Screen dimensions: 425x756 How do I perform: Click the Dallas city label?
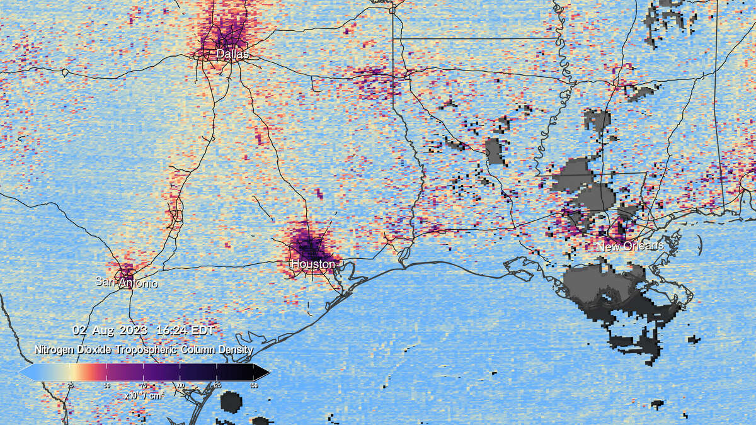click(x=232, y=55)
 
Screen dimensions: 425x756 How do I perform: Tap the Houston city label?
click(x=312, y=264)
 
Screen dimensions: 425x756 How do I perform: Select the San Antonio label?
click(x=126, y=283)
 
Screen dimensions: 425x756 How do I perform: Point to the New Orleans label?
click(x=630, y=246)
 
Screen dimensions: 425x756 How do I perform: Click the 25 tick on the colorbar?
click(x=71, y=385)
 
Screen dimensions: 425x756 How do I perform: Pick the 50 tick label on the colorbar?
click(x=107, y=385)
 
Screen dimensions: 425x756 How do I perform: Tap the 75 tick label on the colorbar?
click(x=144, y=385)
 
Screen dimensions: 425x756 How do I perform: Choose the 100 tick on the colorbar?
click(x=180, y=385)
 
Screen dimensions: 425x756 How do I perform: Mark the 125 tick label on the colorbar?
click(x=217, y=385)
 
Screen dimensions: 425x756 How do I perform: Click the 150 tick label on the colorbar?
click(x=253, y=385)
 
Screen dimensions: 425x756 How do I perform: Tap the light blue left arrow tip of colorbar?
click(x=23, y=372)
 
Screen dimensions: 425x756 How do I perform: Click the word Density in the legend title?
click(x=234, y=349)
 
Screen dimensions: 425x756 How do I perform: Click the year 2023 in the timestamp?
click(x=133, y=330)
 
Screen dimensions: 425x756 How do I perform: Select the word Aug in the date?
click(x=101, y=330)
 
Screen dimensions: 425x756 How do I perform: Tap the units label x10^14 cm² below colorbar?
click(x=144, y=395)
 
